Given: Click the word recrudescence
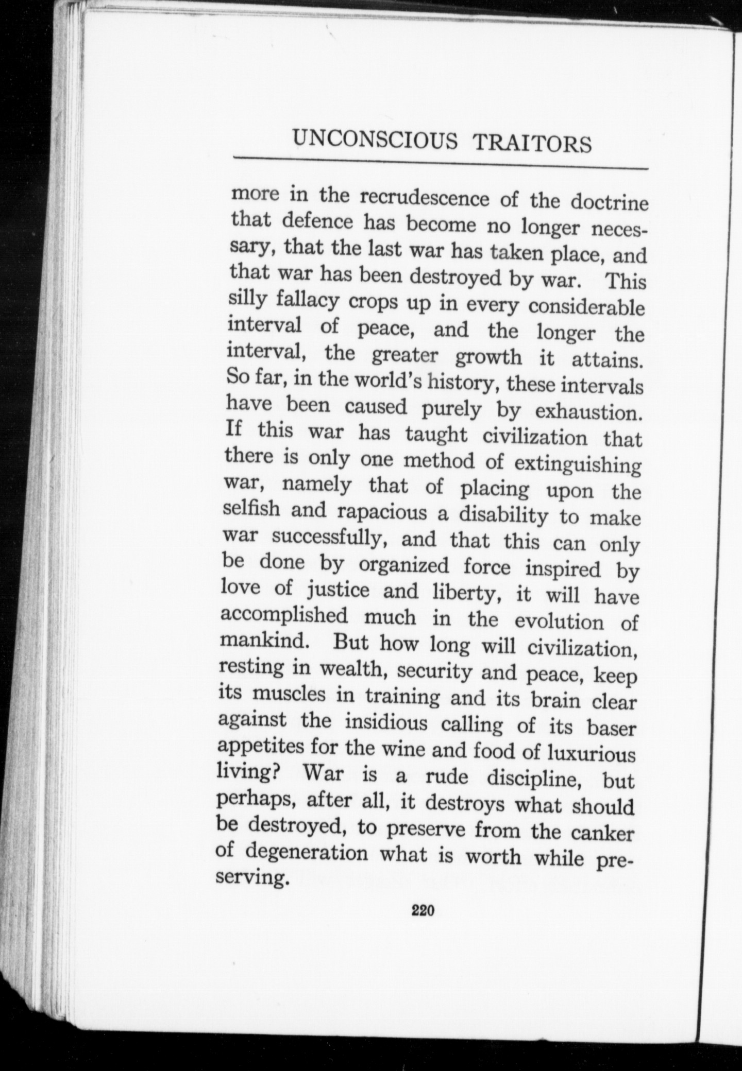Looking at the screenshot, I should [x=425, y=198].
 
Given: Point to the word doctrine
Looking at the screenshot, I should [x=609, y=202].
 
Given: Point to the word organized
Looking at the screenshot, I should [x=404, y=566].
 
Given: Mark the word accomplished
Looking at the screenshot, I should [x=284, y=616].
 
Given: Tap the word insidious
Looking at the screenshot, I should [x=386, y=723].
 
